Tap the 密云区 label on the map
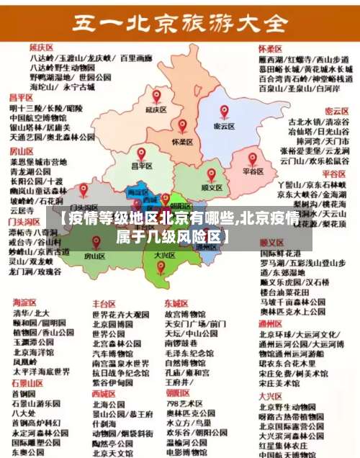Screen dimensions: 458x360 tap(225, 125)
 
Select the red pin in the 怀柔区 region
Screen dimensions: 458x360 tap(182, 127)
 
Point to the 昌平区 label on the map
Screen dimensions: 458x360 tap(141, 166)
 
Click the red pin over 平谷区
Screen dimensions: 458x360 tap(253, 158)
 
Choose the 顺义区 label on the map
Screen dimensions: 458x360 tap(211, 187)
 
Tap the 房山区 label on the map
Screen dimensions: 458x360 tap(94, 255)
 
